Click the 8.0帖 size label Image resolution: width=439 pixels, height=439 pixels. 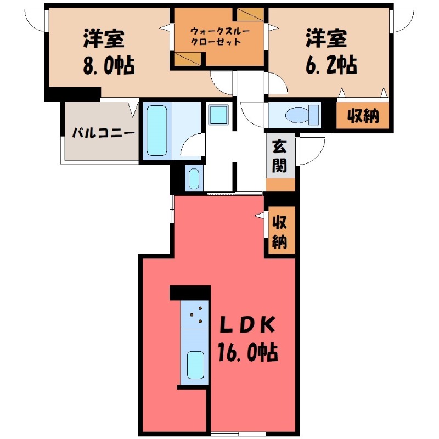point(108,66)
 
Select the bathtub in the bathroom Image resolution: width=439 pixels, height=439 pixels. point(156,131)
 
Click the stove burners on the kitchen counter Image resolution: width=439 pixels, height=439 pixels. point(195,316)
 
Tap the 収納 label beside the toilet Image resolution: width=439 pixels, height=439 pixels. point(363,116)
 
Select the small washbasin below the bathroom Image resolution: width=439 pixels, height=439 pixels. point(194,178)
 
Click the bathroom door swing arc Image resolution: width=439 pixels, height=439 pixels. point(193,146)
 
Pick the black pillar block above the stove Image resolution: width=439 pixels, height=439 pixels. point(190,292)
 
